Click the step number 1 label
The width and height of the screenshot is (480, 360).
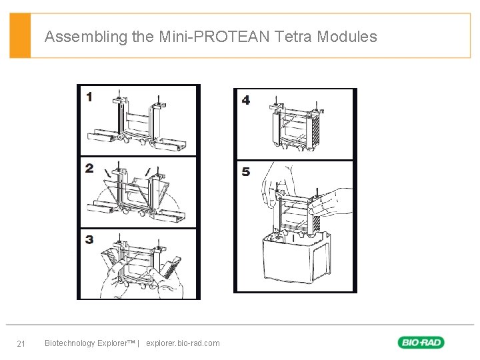pyautogui.click(x=89, y=97)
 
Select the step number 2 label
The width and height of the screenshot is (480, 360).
pyautogui.click(x=89, y=168)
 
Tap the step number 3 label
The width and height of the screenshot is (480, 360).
pyautogui.click(x=89, y=239)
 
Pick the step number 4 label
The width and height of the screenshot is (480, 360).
pyautogui.click(x=246, y=100)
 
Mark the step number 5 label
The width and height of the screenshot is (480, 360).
pyautogui.click(x=246, y=172)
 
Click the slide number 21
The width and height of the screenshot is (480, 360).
pyautogui.click(x=21, y=344)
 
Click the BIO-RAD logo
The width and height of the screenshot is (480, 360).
pyautogui.click(x=421, y=343)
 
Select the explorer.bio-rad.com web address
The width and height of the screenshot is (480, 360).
pyautogui.click(x=183, y=343)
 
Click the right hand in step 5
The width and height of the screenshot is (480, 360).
pyautogui.click(x=337, y=200)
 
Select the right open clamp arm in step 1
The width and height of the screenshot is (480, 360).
pyautogui.click(x=175, y=141)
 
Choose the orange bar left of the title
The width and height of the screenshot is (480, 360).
pyautogui.click(x=20, y=36)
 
